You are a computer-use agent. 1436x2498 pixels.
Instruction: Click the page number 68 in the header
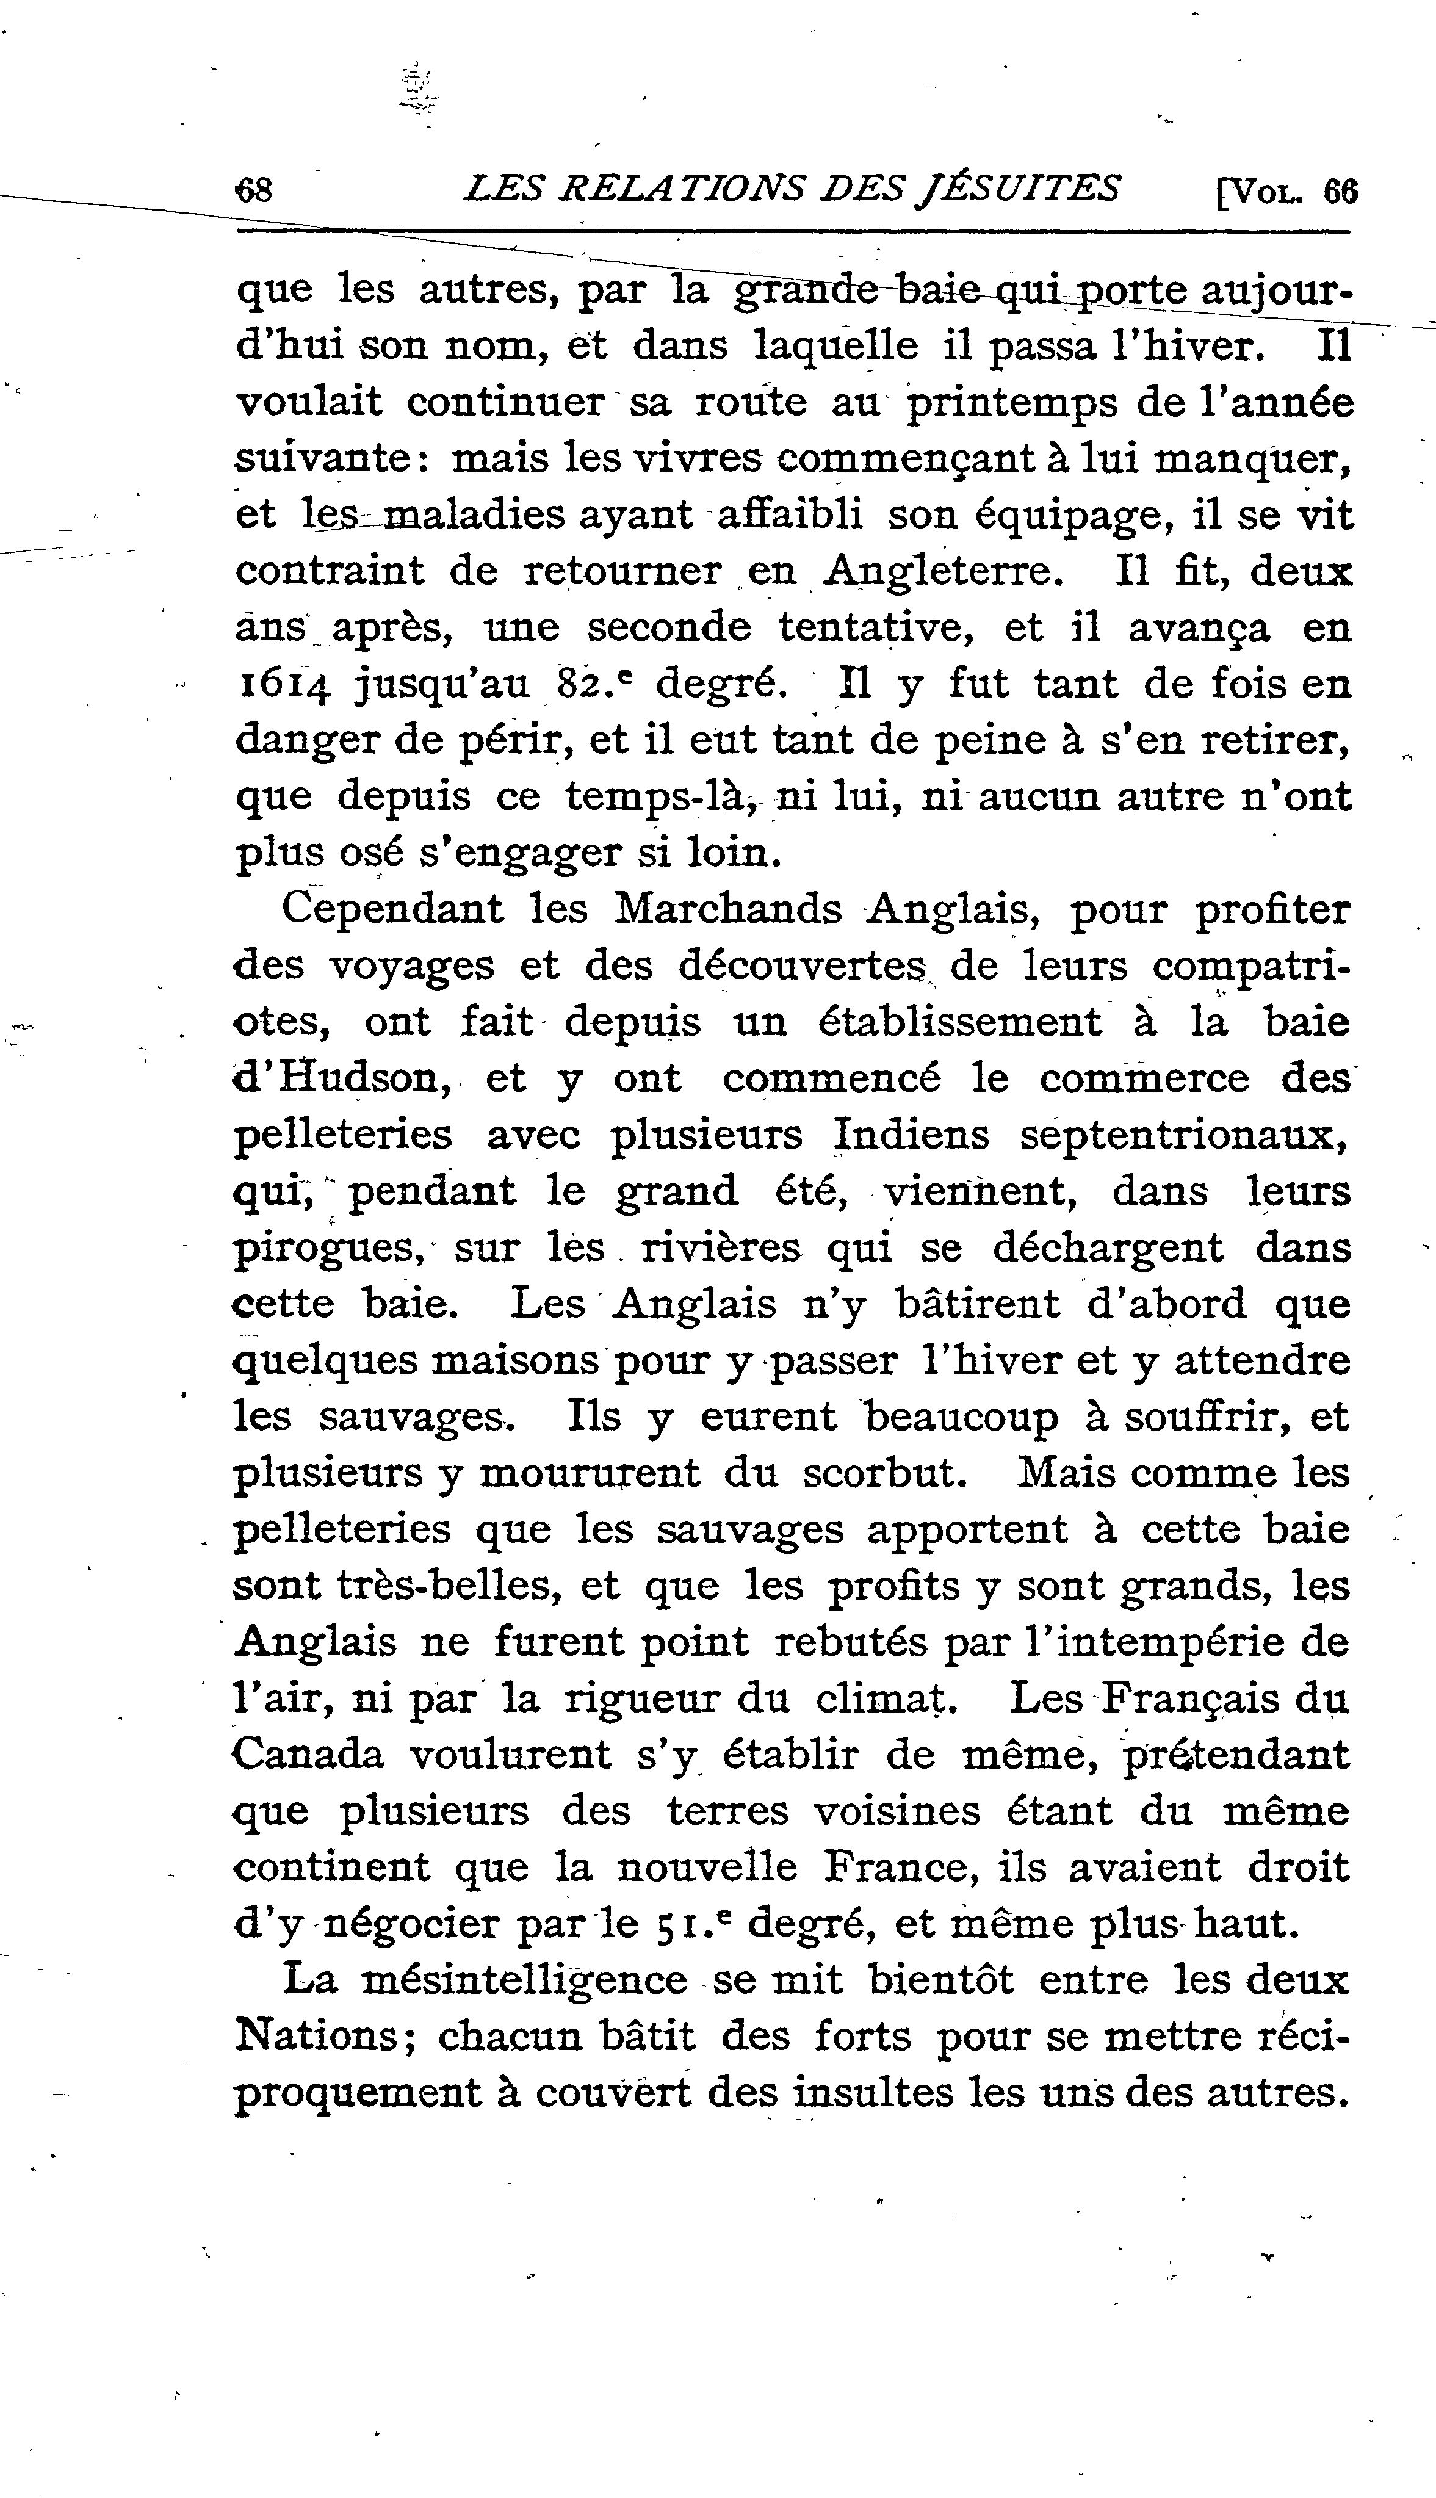254,189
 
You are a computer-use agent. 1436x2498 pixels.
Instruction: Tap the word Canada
309,1755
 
